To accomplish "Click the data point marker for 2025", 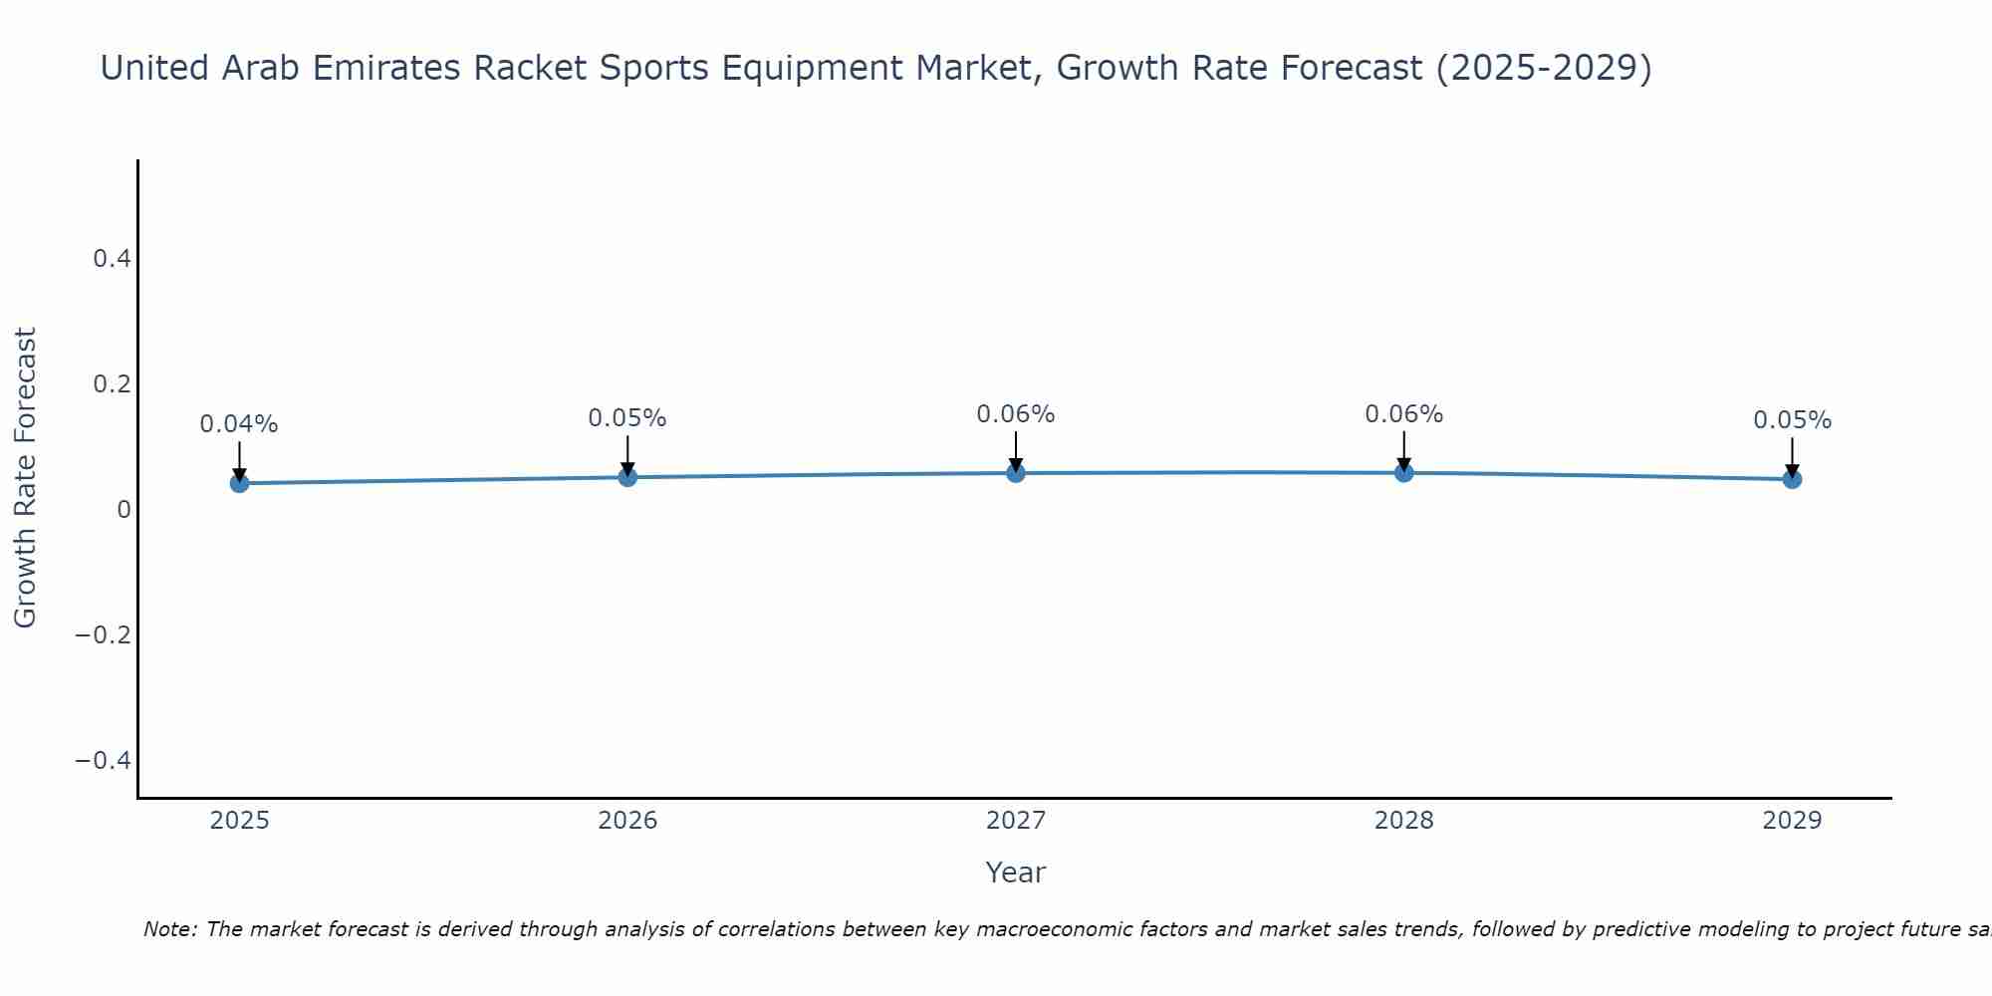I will click(239, 483).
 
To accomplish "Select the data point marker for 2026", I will click(627, 477).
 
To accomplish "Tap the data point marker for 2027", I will click(1016, 472).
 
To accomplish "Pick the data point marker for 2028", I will click(1403, 472).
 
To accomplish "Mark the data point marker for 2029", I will click(1792, 479).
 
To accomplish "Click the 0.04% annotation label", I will click(239, 424).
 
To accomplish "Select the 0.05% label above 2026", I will click(627, 418).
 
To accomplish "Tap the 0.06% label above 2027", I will click(1016, 414).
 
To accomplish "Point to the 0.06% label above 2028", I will click(1403, 414).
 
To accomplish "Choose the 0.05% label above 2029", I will click(1792, 420).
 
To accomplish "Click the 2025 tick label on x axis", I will click(239, 821).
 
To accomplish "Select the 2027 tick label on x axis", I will click(1016, 821).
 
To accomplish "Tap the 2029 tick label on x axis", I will click(1792, 821).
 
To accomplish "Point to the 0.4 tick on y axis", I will click(112, 259).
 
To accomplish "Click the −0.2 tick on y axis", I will click(104, 635).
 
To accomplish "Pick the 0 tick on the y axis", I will click(124, 510).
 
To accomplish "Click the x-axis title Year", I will click(1016, 872).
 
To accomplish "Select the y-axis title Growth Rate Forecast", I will click(26, 478).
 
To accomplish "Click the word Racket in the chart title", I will click(529, 68).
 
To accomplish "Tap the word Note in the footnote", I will click(169, 929).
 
